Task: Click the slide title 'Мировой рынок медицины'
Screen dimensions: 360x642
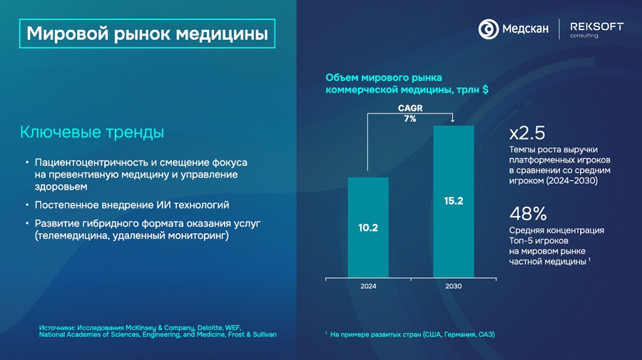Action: click(147, 33)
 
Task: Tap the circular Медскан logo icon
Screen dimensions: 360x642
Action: click(489, 29)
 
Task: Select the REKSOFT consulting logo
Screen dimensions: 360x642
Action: click(596, 29)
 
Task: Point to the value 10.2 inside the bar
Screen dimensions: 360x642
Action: click(368, 228)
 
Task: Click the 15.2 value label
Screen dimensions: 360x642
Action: click(454, 201)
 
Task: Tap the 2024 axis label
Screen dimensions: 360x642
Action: click(368, 286)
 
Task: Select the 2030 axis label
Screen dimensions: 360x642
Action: click(454, 286)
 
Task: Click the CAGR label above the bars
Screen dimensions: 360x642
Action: click(409, 108)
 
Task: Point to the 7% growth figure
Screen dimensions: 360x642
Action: click(409, 119)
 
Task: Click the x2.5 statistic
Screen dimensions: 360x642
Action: click(527, 133)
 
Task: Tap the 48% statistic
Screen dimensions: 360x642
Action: click(528, 213)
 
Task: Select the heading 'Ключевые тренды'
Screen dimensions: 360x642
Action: click(92, 133)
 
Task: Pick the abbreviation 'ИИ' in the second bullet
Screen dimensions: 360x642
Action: click(151, 205)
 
